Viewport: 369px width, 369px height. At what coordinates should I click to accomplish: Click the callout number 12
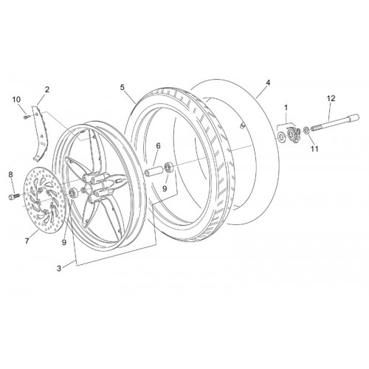(x=331, y=99)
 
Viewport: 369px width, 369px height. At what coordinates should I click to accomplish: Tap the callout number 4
(x=268, y=83)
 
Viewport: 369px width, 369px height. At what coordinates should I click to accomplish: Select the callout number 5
(x=123, y=87)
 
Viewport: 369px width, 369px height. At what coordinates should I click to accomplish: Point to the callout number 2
(x=47, y=89)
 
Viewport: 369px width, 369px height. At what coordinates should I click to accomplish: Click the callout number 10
(x=17, y=100)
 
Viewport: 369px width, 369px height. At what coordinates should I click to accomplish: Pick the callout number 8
(x=10, y=175)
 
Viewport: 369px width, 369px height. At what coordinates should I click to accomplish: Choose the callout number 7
(x=27, y=241)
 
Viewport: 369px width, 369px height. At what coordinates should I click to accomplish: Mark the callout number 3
(x=59, y=269)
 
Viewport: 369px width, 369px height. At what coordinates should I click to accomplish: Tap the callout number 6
(x=158, y=146)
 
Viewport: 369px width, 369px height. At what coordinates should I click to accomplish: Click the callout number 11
(x=314, y=148)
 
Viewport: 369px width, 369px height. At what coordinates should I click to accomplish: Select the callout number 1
(x=286, y=108)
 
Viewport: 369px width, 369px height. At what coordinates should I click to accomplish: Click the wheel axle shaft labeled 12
(x=335, y=123)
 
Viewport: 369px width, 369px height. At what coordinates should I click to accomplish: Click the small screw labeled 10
(x=27, y=117)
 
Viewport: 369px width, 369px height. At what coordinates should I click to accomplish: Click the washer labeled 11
(x=306, y=130)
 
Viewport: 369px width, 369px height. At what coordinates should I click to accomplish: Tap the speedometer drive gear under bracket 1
(x=293, y=134)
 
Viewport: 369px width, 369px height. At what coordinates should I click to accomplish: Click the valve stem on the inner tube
(x=242, y=125)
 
